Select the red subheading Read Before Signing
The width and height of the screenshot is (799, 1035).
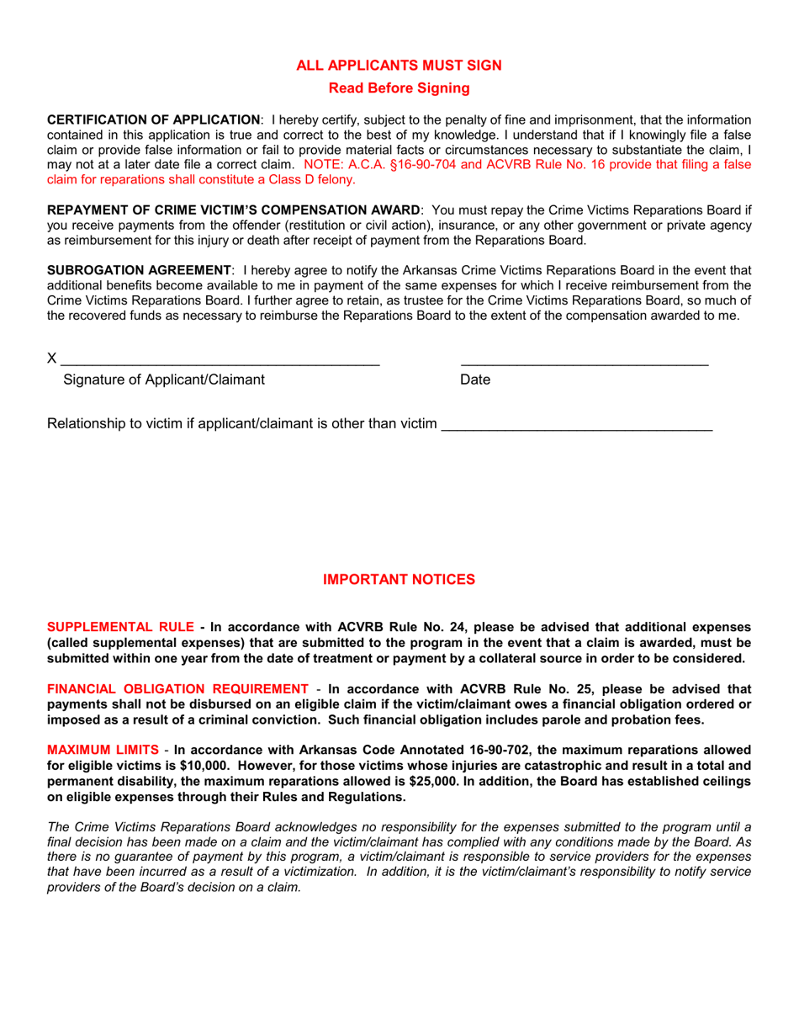click(x=399, y=88)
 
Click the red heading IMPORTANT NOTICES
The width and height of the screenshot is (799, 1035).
click(x=399, y=580)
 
